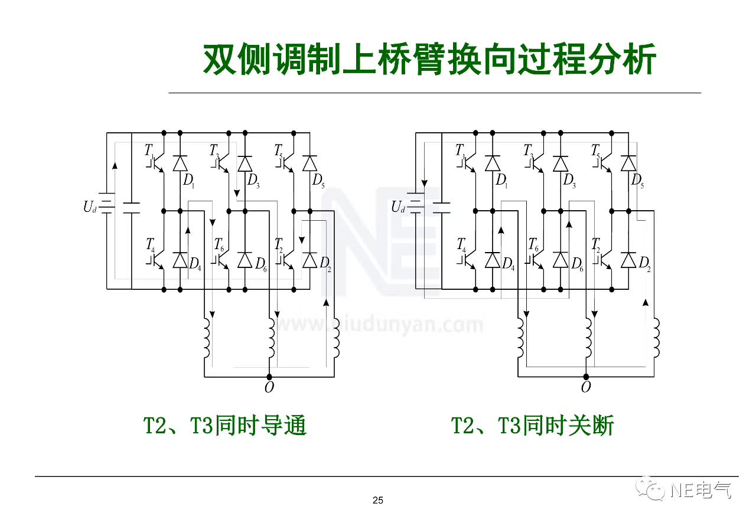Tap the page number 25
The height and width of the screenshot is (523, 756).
pos(378,501)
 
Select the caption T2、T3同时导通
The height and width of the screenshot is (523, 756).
pos(226,425)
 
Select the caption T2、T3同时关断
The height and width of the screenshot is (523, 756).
pos(533,425)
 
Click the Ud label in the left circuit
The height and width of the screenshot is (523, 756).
pos(89,207)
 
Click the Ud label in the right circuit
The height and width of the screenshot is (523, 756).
pos(398,207)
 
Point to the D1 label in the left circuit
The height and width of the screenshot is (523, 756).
pos(188,181)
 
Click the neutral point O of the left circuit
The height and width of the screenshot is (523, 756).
pos(269,388)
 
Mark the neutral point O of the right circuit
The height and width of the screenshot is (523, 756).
pos(585,388)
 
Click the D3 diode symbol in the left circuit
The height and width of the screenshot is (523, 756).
pos(245,163)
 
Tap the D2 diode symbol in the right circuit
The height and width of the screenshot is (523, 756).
pos(628,260)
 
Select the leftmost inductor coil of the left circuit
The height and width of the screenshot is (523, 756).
pos(206,338)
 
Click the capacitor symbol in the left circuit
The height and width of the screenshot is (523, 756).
pos(131,207)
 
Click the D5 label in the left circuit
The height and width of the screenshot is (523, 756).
pos(318,181)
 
